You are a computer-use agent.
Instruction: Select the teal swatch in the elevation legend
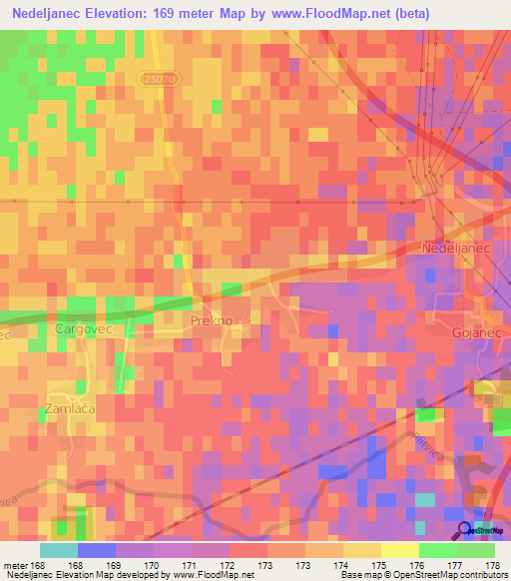click(x=58, y=550)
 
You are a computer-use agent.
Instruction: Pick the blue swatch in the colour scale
click(x=96, y=550)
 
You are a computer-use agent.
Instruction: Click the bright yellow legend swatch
click(x=399, y=550)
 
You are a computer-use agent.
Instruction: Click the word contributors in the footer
click(x=483, y=575)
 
